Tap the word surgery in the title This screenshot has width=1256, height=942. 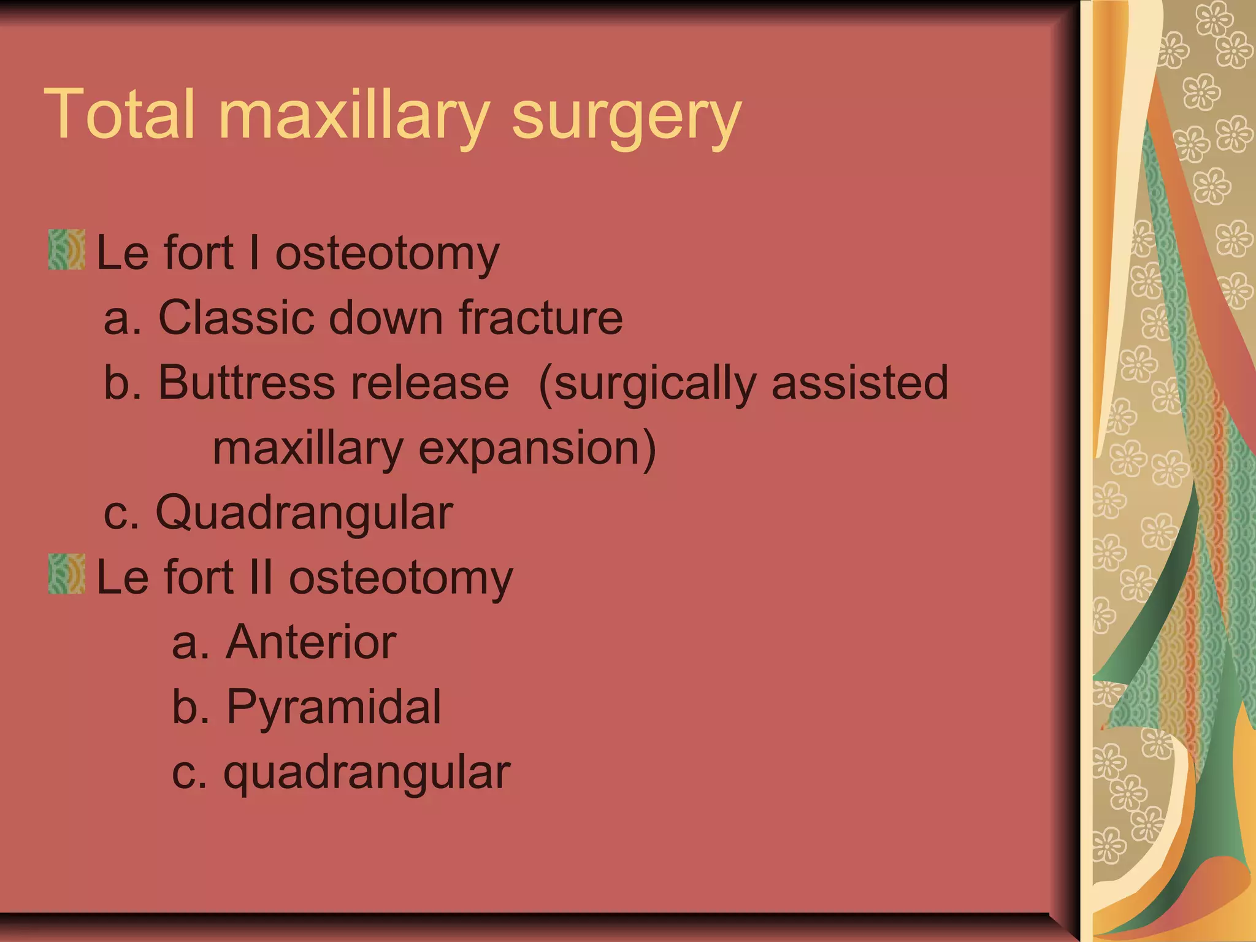pyautogui.click(x=626, y=117)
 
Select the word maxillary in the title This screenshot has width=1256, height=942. pyautogui.click(x=354, y=117)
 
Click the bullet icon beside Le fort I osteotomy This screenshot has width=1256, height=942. pyautogui.click(x=67, y=250)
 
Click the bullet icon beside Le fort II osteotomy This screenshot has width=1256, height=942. pyautogui.click(x=67, y=574)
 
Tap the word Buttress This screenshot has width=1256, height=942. pyautogui.click(x=247, y=383)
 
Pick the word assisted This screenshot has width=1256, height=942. pyautogui.click(x=860, y=383)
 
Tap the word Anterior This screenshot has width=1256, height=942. pyautogui.click(x=311, y=642)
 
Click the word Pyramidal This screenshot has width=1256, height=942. pyautogui.click(x=334, y=707)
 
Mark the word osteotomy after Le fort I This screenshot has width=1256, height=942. pyautogui.click(x=387, y=254)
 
